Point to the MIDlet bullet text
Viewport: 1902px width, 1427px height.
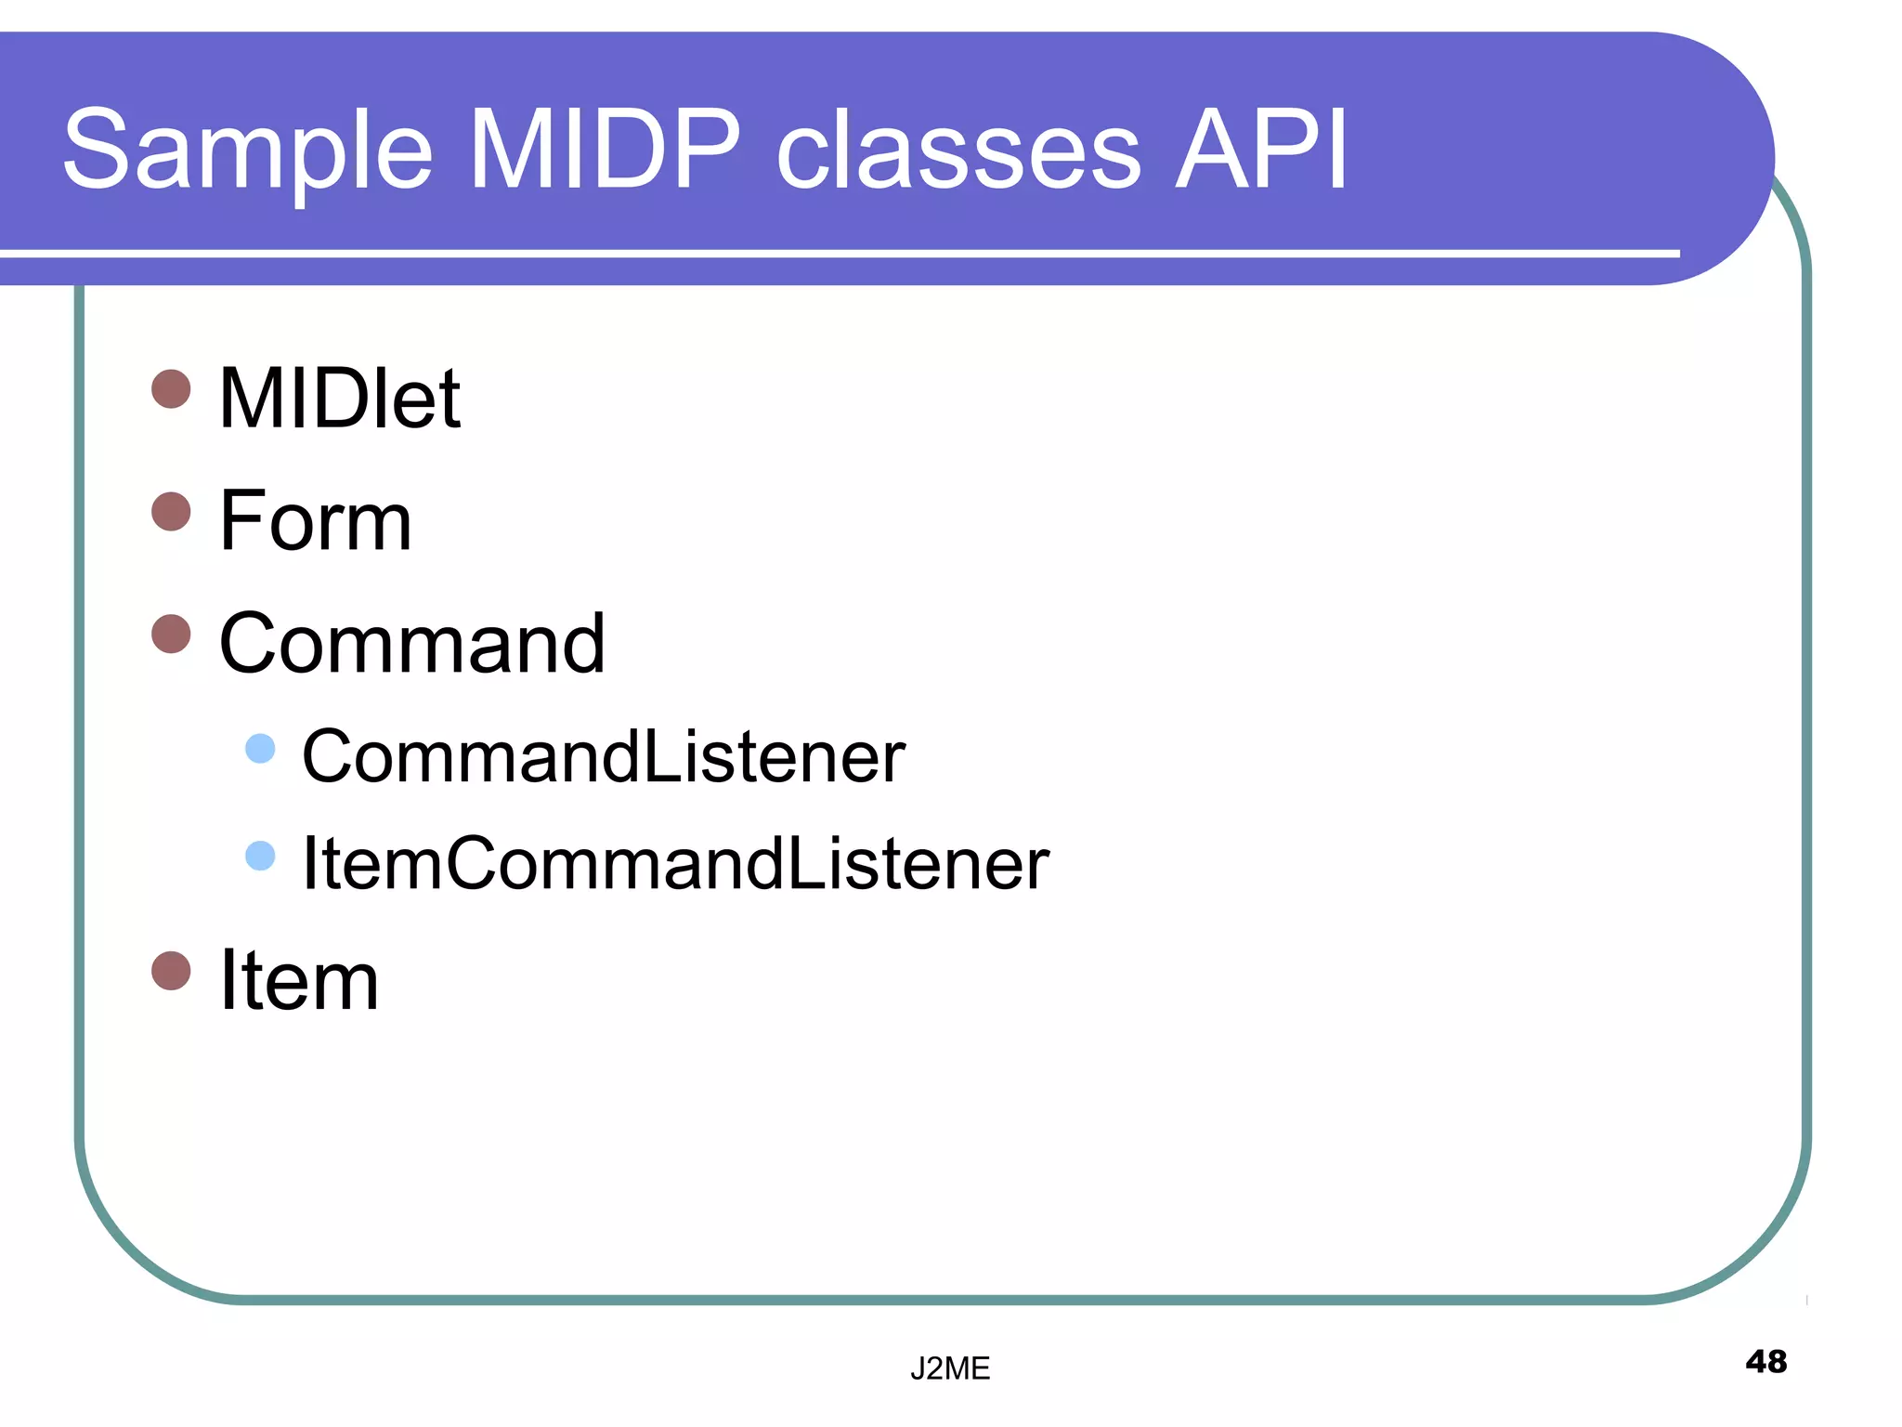(339, 399)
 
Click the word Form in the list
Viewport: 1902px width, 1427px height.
(315, 521)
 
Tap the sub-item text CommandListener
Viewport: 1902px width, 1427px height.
(603, 756)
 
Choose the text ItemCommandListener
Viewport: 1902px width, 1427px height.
(675, 864)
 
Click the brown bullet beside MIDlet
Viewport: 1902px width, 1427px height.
(171, 388)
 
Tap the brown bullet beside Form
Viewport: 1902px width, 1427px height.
(171, 511)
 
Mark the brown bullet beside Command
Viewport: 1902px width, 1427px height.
(171, 634)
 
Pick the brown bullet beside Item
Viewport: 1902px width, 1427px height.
(171, 971)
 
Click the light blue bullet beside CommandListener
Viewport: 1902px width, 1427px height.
(260, 748)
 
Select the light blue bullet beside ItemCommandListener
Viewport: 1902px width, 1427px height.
(260, 856)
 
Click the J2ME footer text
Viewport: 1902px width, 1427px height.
(949, 1368)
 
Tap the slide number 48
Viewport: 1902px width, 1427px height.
(1765, 1362)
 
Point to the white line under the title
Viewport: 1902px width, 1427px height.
(836, 253)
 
